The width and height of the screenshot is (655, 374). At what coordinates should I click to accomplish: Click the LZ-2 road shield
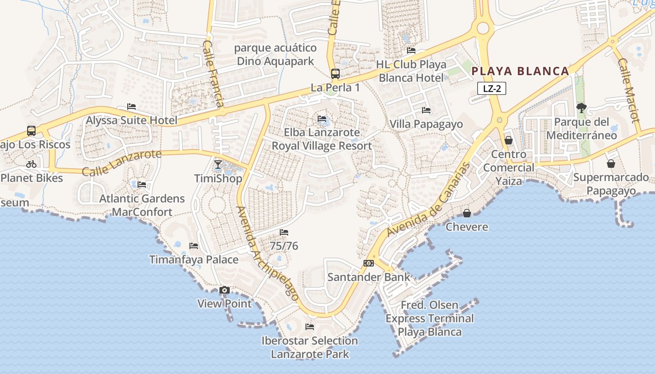click(492, 88)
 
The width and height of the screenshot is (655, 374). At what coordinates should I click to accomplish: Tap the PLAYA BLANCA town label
click(520, 71)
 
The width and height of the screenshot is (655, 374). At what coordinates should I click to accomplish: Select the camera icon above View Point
click(225, 290)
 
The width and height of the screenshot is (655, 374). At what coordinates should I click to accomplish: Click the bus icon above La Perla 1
click(335, 73)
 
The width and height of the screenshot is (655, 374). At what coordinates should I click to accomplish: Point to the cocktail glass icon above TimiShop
click(218, 164)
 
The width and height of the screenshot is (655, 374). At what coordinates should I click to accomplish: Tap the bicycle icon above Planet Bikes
click(31, 164)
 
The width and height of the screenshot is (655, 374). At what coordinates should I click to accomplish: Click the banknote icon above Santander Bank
click(369, 263)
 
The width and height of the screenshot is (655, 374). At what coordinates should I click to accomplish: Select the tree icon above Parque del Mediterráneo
click(582, 108)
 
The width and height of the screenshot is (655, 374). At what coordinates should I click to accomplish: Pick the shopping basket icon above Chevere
click(467, 213)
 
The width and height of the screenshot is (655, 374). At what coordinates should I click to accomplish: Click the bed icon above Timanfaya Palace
click(194, 246)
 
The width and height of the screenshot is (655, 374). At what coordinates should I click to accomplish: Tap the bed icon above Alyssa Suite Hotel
click(131, 107)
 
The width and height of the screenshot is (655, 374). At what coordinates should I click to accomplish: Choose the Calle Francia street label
click(213, 74)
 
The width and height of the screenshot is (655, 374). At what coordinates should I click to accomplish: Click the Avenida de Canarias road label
click(428, 200)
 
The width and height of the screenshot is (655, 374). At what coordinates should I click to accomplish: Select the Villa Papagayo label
click(426, 124)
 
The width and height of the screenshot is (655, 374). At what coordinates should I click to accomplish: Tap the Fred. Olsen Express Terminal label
click(429, 318)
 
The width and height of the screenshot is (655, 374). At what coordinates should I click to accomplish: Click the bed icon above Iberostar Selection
click(310, 326)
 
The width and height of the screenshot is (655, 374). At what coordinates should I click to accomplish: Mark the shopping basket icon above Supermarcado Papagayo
click(611, 164)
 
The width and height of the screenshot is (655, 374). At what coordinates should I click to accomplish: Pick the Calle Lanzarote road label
click(122, 162)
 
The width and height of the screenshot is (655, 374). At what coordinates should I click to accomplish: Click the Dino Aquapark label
click(275, 55)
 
